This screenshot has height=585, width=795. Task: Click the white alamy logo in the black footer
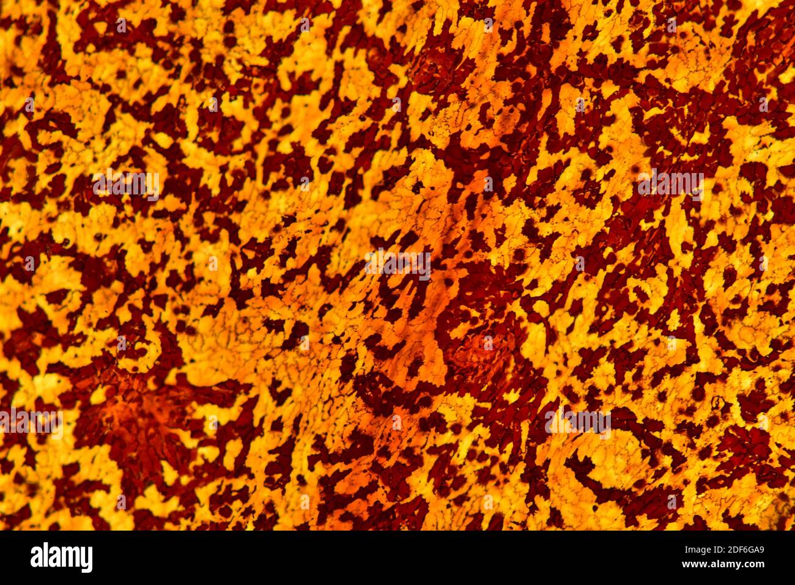tap(61, 557)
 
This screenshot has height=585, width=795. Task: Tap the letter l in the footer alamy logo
tap(45, 557)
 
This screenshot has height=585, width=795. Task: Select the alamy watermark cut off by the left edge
tap(31, 422)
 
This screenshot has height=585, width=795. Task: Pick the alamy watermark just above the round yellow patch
tap(577, 421)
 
